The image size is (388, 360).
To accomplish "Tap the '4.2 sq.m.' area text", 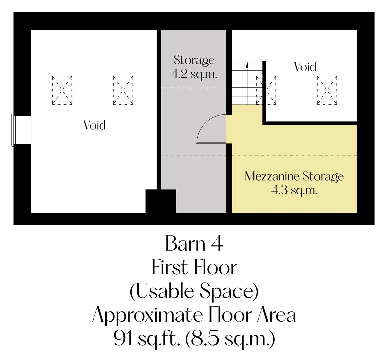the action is point(194,74).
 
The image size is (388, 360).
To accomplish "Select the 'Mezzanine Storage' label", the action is point(294,177).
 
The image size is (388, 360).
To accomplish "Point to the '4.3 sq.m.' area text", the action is point(294,191).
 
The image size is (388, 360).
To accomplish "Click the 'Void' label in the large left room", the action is point(95,125).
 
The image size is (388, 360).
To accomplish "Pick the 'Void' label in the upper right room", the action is point(305,67).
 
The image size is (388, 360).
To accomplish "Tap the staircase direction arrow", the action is point(247,83).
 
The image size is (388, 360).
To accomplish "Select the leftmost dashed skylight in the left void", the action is point(62,90).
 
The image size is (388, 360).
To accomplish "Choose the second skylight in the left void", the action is point(123,90).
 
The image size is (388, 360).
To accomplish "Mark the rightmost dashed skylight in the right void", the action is point(327,90).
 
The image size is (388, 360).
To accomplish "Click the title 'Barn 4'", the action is point(194,243).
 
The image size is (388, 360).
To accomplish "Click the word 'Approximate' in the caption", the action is point(147,316).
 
